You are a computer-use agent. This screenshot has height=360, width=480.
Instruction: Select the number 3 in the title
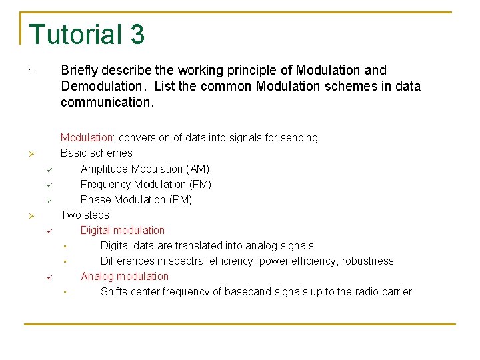point(137,35)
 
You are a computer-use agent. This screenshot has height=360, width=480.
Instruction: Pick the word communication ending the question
point(105,103)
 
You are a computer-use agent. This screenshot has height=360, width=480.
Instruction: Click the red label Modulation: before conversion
point(88,138)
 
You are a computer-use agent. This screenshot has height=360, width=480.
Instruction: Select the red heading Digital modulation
point(123,230)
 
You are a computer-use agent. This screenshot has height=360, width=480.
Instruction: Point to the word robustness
point(367,261)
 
